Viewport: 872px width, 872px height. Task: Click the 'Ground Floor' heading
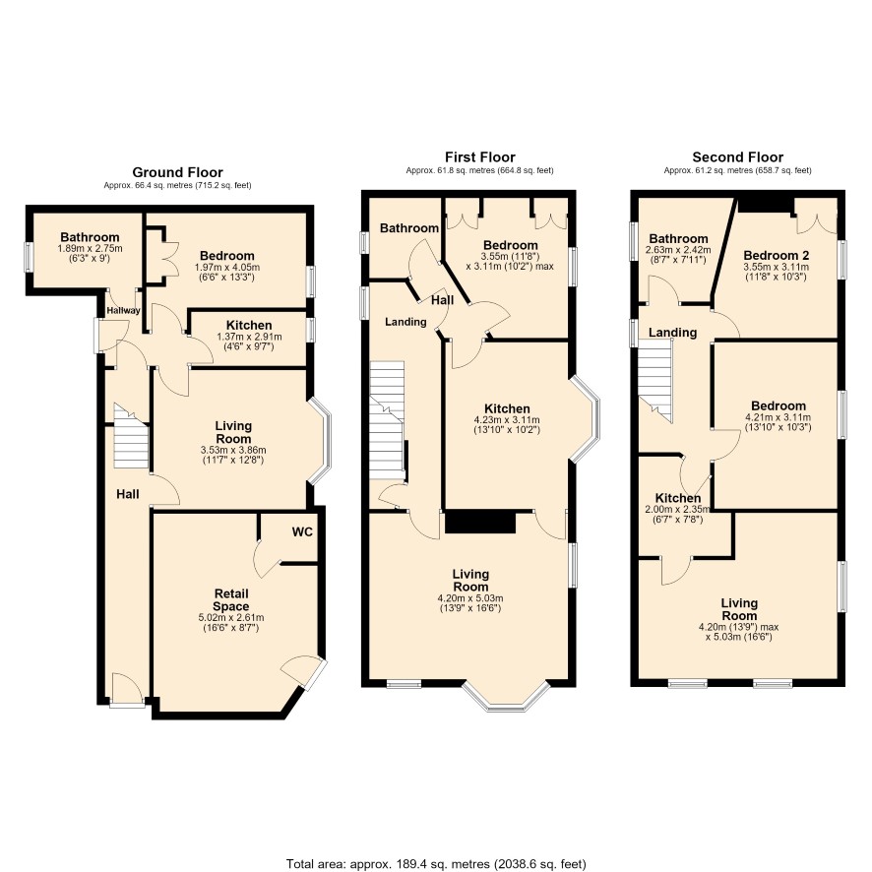[177, 172]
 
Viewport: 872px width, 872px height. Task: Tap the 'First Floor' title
[480, 157]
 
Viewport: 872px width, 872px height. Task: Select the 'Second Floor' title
[737, 157]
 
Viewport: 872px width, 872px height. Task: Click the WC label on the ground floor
[302, 532]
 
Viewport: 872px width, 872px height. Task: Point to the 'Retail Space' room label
[231, 600]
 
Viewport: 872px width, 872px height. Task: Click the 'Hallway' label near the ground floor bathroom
[123, 310]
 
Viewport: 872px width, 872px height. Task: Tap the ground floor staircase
[131, 437]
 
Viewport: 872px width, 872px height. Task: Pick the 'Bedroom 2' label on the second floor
[776, 256]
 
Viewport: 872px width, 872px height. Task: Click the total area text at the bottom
[436, 864]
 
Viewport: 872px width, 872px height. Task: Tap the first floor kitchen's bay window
[586, 418]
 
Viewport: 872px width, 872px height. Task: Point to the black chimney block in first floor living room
[480, 523]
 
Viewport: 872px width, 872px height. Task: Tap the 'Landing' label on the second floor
[673, 333]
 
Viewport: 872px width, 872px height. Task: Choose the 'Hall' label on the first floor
[443, 300]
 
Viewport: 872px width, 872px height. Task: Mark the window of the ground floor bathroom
[29, 256]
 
